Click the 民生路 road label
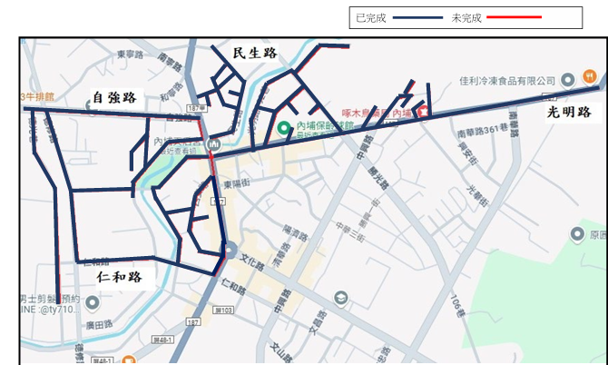pos(254,54)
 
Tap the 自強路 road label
pos(114,97)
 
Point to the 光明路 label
pos(569,113)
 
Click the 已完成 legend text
pos(371,17)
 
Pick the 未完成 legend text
pos(466,17)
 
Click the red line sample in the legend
pos(515,17)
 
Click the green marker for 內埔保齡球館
pos(283,128)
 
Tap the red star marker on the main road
pos(423,112)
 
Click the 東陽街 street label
pos(237,185)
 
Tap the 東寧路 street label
pos(131,54)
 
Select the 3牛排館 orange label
pos(37,96)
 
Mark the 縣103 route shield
pos(223,311)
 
